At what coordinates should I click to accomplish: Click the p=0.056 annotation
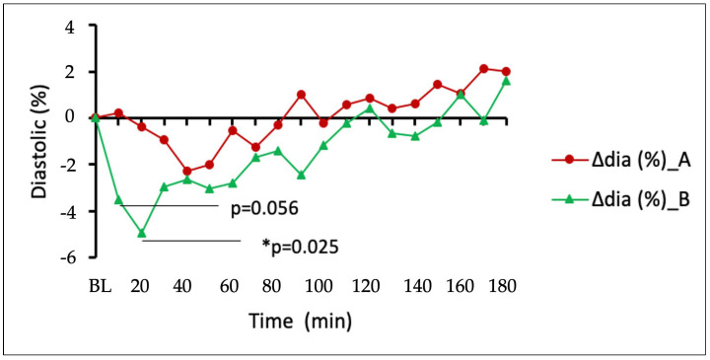pos(264,209)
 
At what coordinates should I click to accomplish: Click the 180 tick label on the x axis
pos(503,286)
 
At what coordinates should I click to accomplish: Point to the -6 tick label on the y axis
pos(66,258)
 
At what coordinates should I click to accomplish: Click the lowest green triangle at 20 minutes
pos(142,234)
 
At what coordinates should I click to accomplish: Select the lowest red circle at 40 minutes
pos(187,172)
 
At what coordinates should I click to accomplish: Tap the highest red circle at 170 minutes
pos(484,68)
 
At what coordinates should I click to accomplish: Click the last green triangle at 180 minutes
pos(506,81)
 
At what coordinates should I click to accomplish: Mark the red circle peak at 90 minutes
pos(302,95)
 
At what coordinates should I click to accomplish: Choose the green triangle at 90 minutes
pos(302,176)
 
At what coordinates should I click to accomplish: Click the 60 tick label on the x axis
pos(230,286)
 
